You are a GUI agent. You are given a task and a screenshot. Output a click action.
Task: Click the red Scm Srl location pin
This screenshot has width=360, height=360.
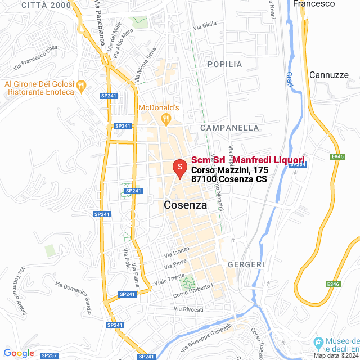(x=179, y=168)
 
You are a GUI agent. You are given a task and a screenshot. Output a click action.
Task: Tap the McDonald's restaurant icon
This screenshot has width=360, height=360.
(x=165, y=118)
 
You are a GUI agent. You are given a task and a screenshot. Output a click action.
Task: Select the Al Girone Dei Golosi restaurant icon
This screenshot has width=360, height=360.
(x=81, y=85)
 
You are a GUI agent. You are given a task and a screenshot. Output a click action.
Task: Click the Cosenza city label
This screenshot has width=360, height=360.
(x=185, y=205)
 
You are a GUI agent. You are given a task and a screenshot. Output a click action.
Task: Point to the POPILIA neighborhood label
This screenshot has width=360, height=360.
(x=224, y=64)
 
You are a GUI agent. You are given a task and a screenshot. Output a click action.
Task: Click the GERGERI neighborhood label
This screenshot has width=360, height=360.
(x=246, y=264)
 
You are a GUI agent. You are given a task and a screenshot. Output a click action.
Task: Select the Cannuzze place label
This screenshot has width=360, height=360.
(x=328, y=74)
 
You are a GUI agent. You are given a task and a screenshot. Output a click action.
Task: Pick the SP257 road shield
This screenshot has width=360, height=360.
(x=49, y=355)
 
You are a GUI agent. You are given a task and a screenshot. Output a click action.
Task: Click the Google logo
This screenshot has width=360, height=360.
(x=19, y=353)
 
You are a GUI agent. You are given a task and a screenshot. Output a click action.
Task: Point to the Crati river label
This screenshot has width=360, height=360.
(x=290, y=79)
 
